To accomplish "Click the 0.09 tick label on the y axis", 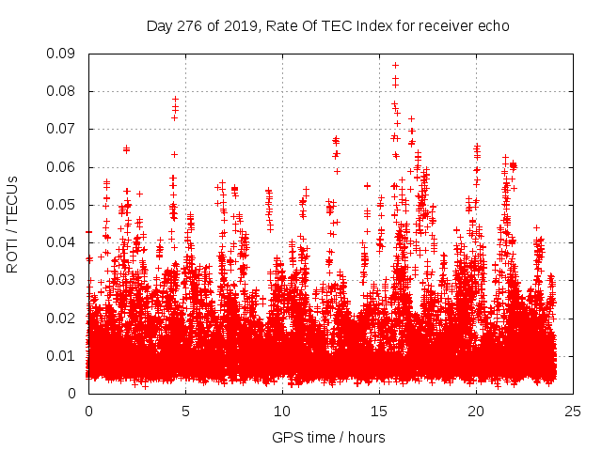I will pyautogui.click(x=65, y=54).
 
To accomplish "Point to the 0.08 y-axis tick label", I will pyautogui.click(x=65, y=91).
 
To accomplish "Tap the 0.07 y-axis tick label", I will pyautogui.click(x=65, y=129).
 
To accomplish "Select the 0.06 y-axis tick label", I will pyautogui.click(x=65, y=167).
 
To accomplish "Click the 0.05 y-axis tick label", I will pyautogui.click(x=65, y=205).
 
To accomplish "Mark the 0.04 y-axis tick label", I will pyautogui.click(x=65, y=242).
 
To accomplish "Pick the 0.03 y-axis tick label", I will pyautogui.click(x=65, y=280).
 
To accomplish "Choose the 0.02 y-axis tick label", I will pyautogui.click(x=65, y=318).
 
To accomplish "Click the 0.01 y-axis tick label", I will pyautogui.click(x=65, y=355).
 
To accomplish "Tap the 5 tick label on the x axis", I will pyautogui.click(x=185, y=411).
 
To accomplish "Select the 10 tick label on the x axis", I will pyautogui.click(x=282, y=411).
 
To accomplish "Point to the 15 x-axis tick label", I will pyautogui.click(x=379, y=411).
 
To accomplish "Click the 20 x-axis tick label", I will pyautogui.click(x=476, y=411).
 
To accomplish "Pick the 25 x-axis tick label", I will pyautogui.click(x=573, y=411).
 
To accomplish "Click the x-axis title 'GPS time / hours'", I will pyautogui.click(x=328, y=437).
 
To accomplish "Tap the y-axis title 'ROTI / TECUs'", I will pyautogui.click(x=13, y=224).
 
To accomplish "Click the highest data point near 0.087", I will pyautogui.click(x=395, y=65).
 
